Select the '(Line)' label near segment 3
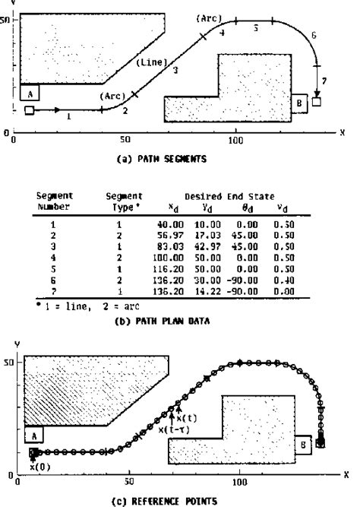pyautogui.click(x=151, y=64)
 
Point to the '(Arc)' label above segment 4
pyautogui.click(x=207, y=17)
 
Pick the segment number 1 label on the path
pyautogui.click(x=69, y=117)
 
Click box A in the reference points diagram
pyautogui.click(x=33, y=435)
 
